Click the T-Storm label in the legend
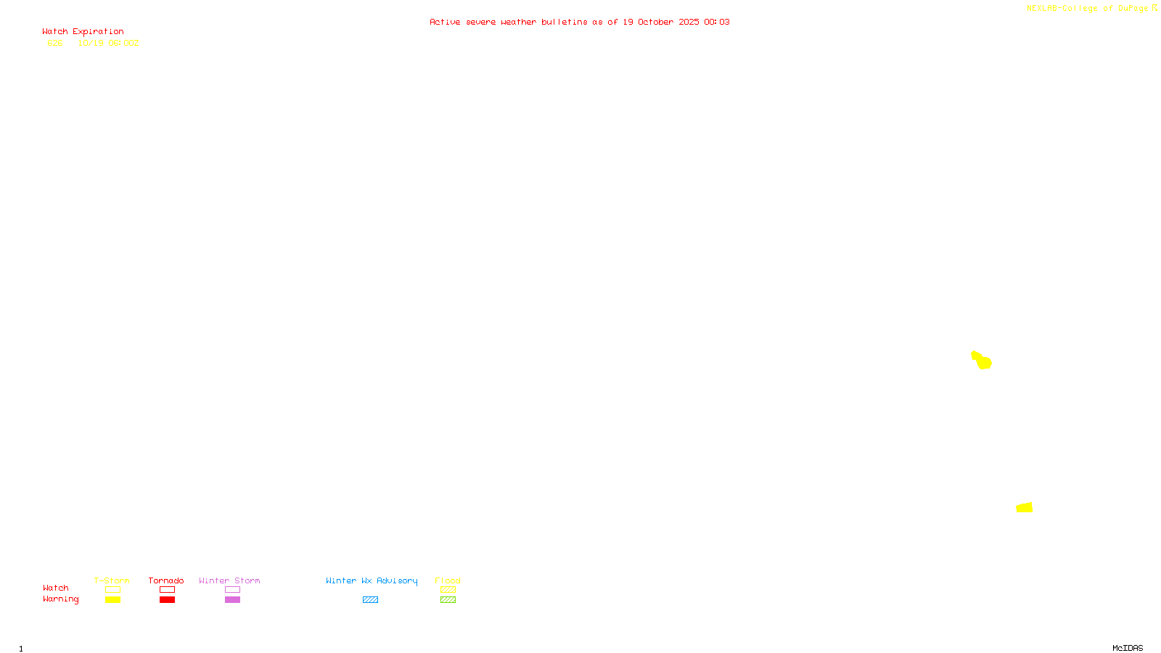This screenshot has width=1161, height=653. click(112, 580)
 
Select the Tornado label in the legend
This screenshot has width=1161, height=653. click(166, 580)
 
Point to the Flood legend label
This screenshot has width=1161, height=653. click(448, 580)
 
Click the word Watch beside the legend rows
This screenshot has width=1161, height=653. click(55, 588)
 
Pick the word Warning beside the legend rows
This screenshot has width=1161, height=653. click(60, 599)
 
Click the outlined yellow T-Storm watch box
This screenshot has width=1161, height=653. click(112, 590)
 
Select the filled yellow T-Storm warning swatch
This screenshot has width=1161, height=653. click(112, 600)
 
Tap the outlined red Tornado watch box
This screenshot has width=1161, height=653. click(167, 590)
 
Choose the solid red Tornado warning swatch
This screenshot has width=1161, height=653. click(167, 600)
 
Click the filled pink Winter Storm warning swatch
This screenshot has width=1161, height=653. click(232, 600)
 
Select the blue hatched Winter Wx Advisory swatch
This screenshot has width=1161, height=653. click(370, 600)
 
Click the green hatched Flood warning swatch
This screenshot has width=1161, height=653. click(448, 600)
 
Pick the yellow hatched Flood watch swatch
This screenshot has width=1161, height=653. click(448, 590)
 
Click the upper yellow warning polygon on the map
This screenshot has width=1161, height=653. click(982, 360)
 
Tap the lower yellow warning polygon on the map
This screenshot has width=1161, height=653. click(1025, 508)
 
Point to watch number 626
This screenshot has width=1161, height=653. click(55, 43)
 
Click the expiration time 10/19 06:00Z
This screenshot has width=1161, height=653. click(108, 43)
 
